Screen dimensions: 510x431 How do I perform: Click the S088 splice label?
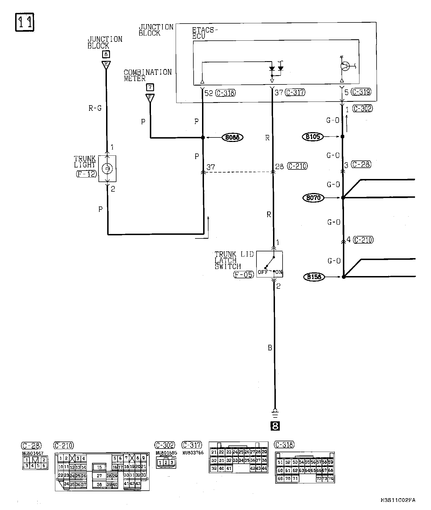pyautogui.click(x=232, y=137)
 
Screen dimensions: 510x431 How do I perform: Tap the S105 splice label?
pyautogui.click(x=313, y=137)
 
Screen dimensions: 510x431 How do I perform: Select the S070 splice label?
pyautogui.click(x=313, y=198)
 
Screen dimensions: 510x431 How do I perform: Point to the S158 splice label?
pyautogui.click(x=314, y=277)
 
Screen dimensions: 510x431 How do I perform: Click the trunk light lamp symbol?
pyautogui.click(x=107, y=169)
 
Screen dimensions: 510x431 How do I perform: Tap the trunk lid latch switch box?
pyautogui.click(x=270, y=264)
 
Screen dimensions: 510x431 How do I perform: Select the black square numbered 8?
pyautogui.click(x=275, y=426)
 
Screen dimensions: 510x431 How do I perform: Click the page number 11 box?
pyautogui.click(x=24, y=22)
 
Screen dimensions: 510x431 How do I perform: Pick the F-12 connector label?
pyautogui.click(x=86, y=174)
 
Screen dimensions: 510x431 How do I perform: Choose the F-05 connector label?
pyautogui.click(x=244, y=274)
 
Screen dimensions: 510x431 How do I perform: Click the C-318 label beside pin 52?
pyautogui.click(x=226, y=93)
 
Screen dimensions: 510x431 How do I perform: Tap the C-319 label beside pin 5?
pyautogui.click(x=361, y=92)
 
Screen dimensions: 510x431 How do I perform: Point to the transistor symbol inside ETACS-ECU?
pyautogui.click(x=345, y=66)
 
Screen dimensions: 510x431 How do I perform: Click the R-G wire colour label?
pyautogui.click(x=95, y=108)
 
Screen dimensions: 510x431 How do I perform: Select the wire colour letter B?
pyautogui.click(x=270, y=348)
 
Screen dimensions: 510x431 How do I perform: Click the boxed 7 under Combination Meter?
pyautogui.click(x=150, y=87)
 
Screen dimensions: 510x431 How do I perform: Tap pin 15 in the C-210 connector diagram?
pyautogui.click(x=99, y=467)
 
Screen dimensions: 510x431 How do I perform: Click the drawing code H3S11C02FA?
pyautogui.click(x=398, y=500)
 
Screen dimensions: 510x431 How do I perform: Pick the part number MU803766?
pyautogui.click(x=193, y=453)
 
